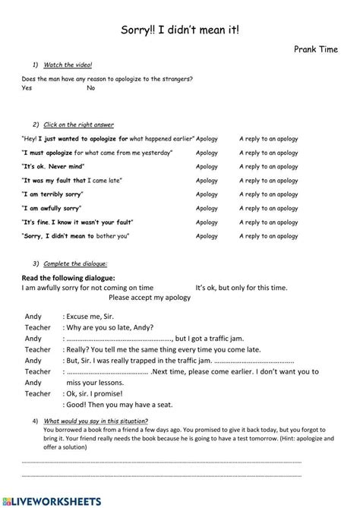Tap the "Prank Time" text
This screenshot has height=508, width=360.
tap(315, 49)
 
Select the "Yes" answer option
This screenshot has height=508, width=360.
tap(27, 88)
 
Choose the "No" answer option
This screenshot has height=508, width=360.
tap(91, 88)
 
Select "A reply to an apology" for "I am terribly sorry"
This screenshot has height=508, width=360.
tap(268, 194)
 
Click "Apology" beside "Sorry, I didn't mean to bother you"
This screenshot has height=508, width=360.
tap(207, 235)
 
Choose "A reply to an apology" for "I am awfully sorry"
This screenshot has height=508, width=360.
tap(268, 207)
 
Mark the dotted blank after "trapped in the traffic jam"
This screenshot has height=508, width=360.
tap(257, 361)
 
